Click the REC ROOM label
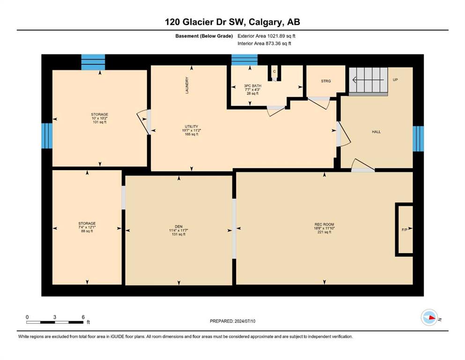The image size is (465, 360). pos(324,225)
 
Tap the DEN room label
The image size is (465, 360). pos(178,226)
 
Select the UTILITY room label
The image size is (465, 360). pos(191,127)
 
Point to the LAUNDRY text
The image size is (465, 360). pos(187,85)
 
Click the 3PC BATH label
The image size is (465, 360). pos(253,86)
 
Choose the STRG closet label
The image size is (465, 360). pos(325,81)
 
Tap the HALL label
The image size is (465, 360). pos(376,132)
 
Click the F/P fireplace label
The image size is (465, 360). pos(404,230)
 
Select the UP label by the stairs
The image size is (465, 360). pos(395,80)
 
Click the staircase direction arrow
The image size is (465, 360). pos(368,80)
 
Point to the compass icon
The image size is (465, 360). pos(429,317)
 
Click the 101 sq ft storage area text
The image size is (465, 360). pos(100,122)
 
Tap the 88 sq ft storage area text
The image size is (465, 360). pos(87,231)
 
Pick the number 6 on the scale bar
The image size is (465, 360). pos(83,317)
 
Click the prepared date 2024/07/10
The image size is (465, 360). pos(245,321)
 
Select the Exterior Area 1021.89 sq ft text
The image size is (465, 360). pos(266,36)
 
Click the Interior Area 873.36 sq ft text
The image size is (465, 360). pos(264,43)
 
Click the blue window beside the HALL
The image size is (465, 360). pos(418,139)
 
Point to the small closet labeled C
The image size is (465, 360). pos(274,73)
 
